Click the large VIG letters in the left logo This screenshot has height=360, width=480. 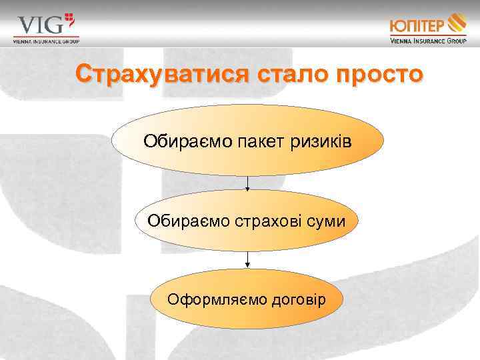point(40,25)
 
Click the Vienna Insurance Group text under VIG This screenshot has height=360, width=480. point(46,41)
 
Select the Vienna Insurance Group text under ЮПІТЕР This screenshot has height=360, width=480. point(428,40)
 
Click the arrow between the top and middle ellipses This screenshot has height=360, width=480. point(247,184)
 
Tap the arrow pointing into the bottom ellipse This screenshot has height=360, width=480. point(247,261)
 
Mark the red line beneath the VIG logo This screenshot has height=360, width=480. point(46,36)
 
